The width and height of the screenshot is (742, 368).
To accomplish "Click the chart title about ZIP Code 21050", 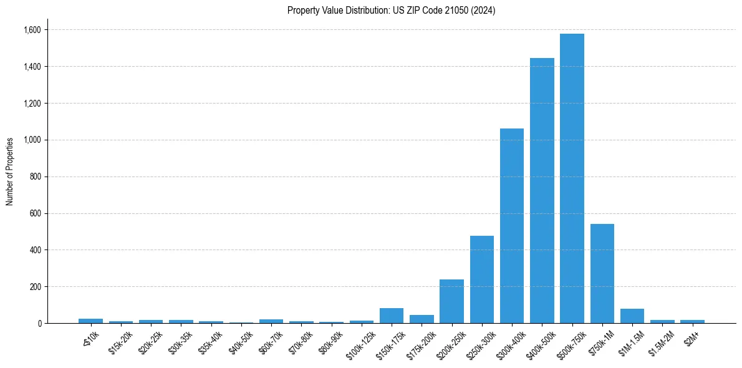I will click(391, 11).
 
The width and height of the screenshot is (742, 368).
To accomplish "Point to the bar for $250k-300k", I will click(482, 279).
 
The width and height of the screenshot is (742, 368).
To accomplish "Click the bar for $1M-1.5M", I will click(632, 316).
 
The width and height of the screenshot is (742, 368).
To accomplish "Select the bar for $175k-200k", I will click(422, 319).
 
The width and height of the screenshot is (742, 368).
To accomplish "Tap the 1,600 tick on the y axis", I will click(32, 30).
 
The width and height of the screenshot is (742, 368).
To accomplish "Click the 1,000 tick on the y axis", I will click(32, 140).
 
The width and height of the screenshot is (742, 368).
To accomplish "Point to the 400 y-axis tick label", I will click(36, 250).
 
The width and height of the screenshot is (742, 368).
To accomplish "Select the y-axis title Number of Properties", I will click(10, 171).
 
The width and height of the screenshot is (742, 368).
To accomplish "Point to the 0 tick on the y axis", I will click(39, 324).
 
